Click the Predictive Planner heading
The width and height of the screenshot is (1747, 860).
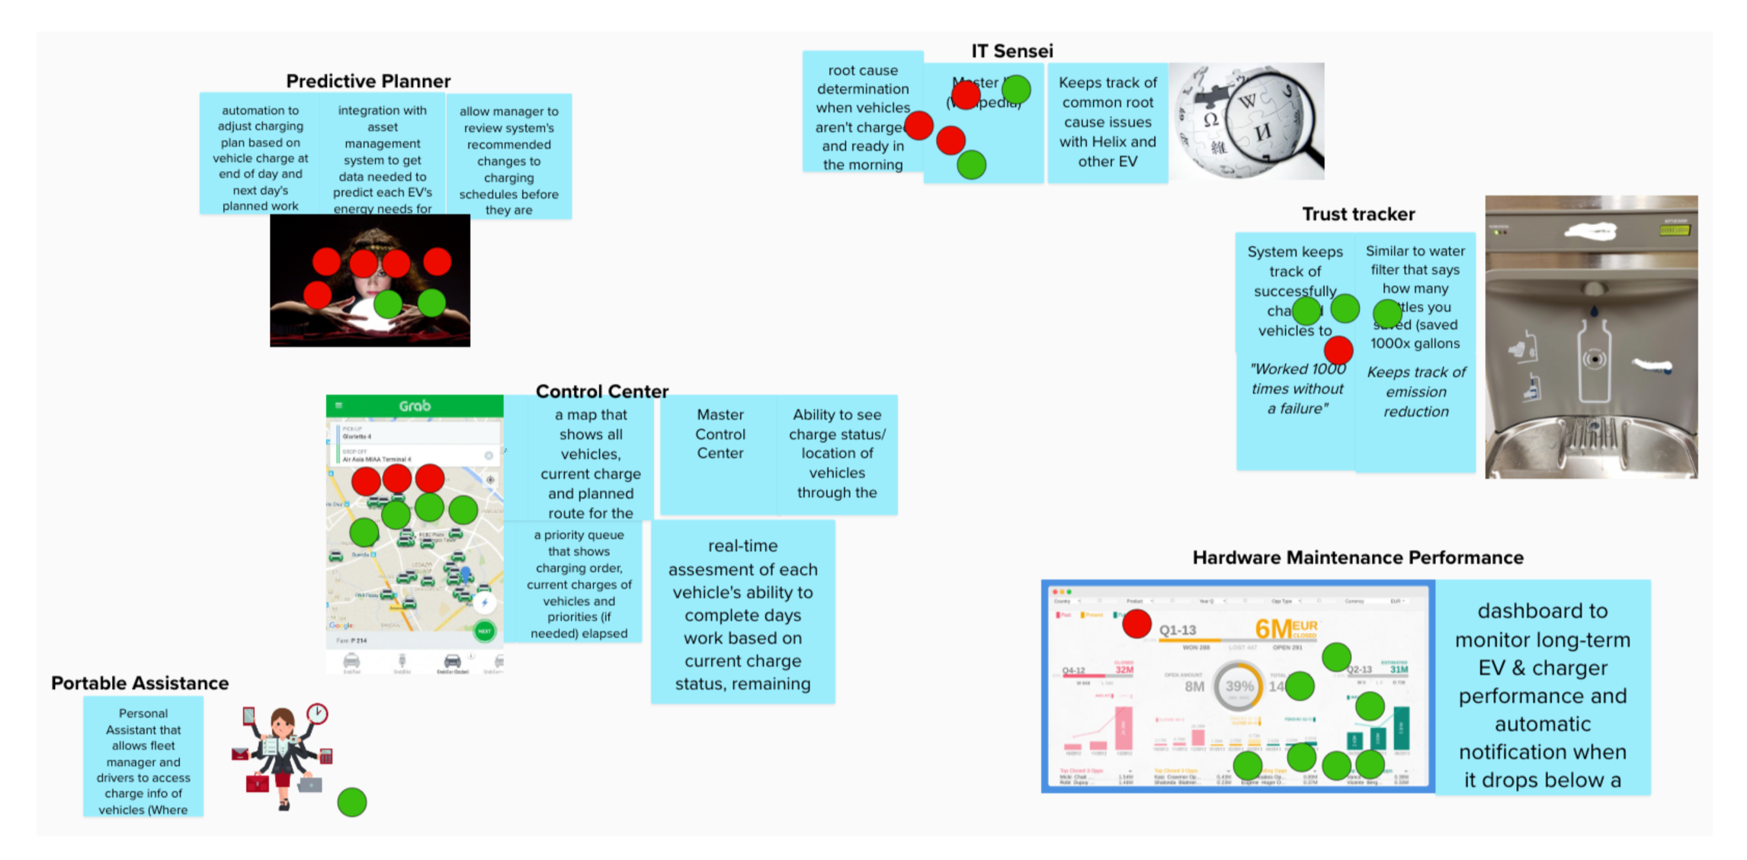click(368, 81)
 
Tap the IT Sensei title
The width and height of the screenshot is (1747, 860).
click(1011, 51)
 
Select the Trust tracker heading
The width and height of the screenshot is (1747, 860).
click(1358, 214)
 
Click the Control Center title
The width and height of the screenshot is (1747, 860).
click(601, 391)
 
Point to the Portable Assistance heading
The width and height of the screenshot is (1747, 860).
click(139, 683)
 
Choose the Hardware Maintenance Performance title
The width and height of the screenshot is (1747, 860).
click(1358, 558)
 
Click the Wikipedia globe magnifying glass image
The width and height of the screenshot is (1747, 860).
click(1247, 122)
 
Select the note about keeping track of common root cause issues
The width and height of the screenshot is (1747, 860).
click(1107, 122)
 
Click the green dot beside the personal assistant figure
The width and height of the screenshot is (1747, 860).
click(351, 802)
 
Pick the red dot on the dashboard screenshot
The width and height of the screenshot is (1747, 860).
click(1136, 624)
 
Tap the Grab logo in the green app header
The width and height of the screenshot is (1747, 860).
click(415, 406)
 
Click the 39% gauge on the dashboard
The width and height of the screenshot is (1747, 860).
click(1239, 686)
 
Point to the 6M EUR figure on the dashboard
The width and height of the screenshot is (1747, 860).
click(1284, 629)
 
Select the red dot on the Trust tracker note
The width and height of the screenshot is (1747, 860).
click(1338, 351)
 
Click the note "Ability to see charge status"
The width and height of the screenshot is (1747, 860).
click(837, 454)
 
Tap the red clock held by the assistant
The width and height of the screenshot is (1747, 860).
click(317, 714)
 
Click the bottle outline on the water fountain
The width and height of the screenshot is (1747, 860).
click(1594, 358)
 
